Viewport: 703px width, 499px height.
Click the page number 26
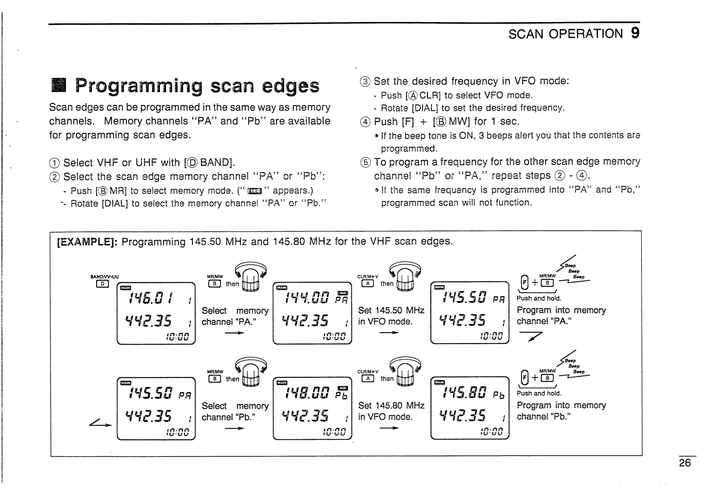coord(685,463)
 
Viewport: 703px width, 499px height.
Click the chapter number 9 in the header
coord(634,33)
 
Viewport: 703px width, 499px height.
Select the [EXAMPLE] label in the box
coord(87,242)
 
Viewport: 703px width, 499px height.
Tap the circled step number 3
coord(365,82)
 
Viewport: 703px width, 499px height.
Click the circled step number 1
coord(54,163)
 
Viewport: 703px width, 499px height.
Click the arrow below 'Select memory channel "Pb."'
coord(234,428)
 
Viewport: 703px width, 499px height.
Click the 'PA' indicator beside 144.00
coord(341,301)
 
